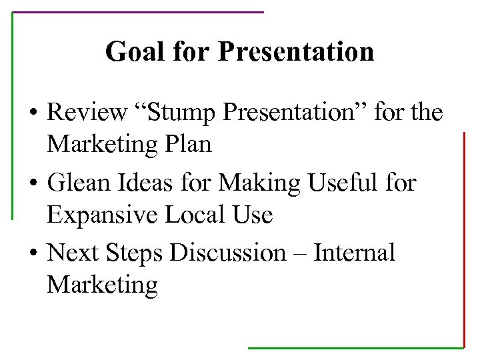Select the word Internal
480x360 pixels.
coord(354,253)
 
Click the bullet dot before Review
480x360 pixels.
coord(33,113)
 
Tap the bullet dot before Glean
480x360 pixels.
coord(33,183)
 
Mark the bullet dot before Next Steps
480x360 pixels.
coord(33,254)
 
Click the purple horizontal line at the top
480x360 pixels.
coord(138,12)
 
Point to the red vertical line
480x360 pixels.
coord(463,240)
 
